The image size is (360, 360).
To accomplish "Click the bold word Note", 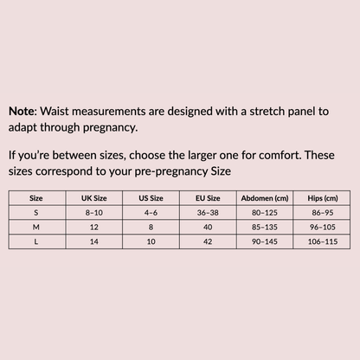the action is point(23,112).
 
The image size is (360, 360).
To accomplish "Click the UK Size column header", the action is point(93,198).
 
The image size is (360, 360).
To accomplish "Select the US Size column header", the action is point(151,198).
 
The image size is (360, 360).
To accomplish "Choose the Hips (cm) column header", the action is point(322,198).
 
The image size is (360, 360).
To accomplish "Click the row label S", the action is point(35,212).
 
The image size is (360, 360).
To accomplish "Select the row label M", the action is point(35,226).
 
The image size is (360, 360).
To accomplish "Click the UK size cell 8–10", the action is point(93,212).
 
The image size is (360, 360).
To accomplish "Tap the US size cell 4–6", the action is point(151,212).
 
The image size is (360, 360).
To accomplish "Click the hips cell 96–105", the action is point(322,226).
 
